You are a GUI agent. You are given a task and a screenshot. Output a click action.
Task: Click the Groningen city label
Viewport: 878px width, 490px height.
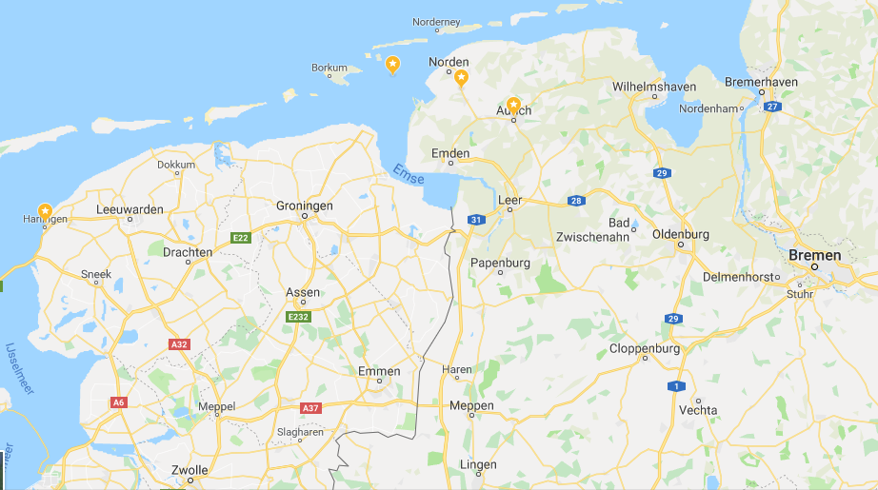304,206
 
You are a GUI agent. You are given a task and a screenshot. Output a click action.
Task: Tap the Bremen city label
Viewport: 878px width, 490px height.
814,255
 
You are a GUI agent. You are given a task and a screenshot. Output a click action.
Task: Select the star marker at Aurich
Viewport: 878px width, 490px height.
513,104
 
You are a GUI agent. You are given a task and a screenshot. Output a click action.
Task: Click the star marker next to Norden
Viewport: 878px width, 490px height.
461,77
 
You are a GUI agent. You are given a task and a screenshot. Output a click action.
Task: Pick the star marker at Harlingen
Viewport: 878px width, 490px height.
45,210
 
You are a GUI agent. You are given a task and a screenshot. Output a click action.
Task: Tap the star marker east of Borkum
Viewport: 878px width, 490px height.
392,64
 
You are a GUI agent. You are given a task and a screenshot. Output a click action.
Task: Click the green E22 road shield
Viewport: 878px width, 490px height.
241,238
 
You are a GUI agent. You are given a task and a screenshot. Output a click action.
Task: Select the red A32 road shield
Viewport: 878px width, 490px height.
178,343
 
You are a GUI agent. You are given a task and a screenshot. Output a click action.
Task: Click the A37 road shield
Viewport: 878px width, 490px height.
310,408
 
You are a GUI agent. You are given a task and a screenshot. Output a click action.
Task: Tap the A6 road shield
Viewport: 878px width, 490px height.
118,402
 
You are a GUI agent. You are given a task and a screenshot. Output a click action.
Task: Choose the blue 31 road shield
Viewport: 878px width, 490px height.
474,221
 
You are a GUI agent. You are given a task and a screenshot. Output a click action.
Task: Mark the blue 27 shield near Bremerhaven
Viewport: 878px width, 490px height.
771,107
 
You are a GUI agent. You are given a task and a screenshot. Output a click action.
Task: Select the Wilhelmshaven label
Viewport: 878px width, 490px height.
653,86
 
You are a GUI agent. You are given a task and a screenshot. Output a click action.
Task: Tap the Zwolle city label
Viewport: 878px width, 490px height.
190,470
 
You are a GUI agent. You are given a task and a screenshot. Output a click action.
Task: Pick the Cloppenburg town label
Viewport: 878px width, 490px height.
645,348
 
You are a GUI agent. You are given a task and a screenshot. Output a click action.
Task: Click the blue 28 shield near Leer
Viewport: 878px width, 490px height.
575,201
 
